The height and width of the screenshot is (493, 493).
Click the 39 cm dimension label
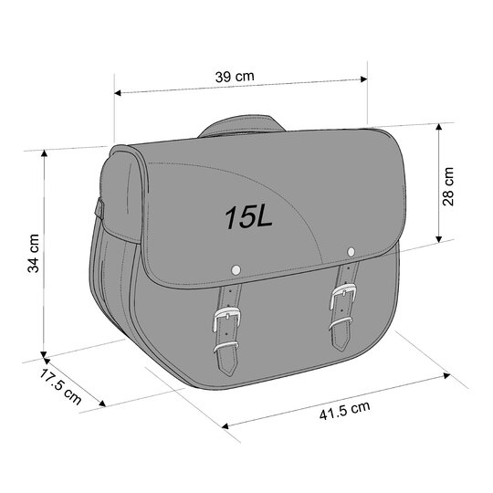pos(235,77)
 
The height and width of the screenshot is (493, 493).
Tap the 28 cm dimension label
pos(448,186)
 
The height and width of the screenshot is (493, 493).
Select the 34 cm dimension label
pos(33,253)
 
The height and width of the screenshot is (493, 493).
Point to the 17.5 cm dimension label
pos(60,386)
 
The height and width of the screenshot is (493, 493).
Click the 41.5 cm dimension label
pos(344,411)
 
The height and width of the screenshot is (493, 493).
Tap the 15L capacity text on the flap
pos(248,217)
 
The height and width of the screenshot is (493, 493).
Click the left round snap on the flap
pos(236,269)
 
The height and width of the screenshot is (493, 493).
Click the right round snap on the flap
pos(351,252)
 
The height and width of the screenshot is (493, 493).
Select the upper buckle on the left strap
pos(226,319)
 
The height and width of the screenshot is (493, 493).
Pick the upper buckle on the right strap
pos(343,295)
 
